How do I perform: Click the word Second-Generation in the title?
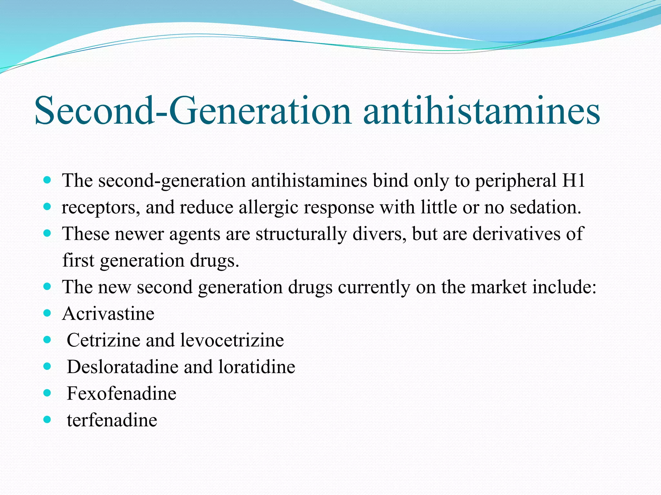[192, 111]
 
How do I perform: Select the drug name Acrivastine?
[108, 314]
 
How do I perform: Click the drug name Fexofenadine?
[121, 393]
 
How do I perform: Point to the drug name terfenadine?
[112, 420]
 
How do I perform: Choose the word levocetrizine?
[232, 340]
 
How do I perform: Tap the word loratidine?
[257, 367]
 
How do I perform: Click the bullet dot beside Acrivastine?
[47, 313]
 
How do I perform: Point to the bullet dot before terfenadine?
[47, 419]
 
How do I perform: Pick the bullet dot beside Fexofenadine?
[47, 393]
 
